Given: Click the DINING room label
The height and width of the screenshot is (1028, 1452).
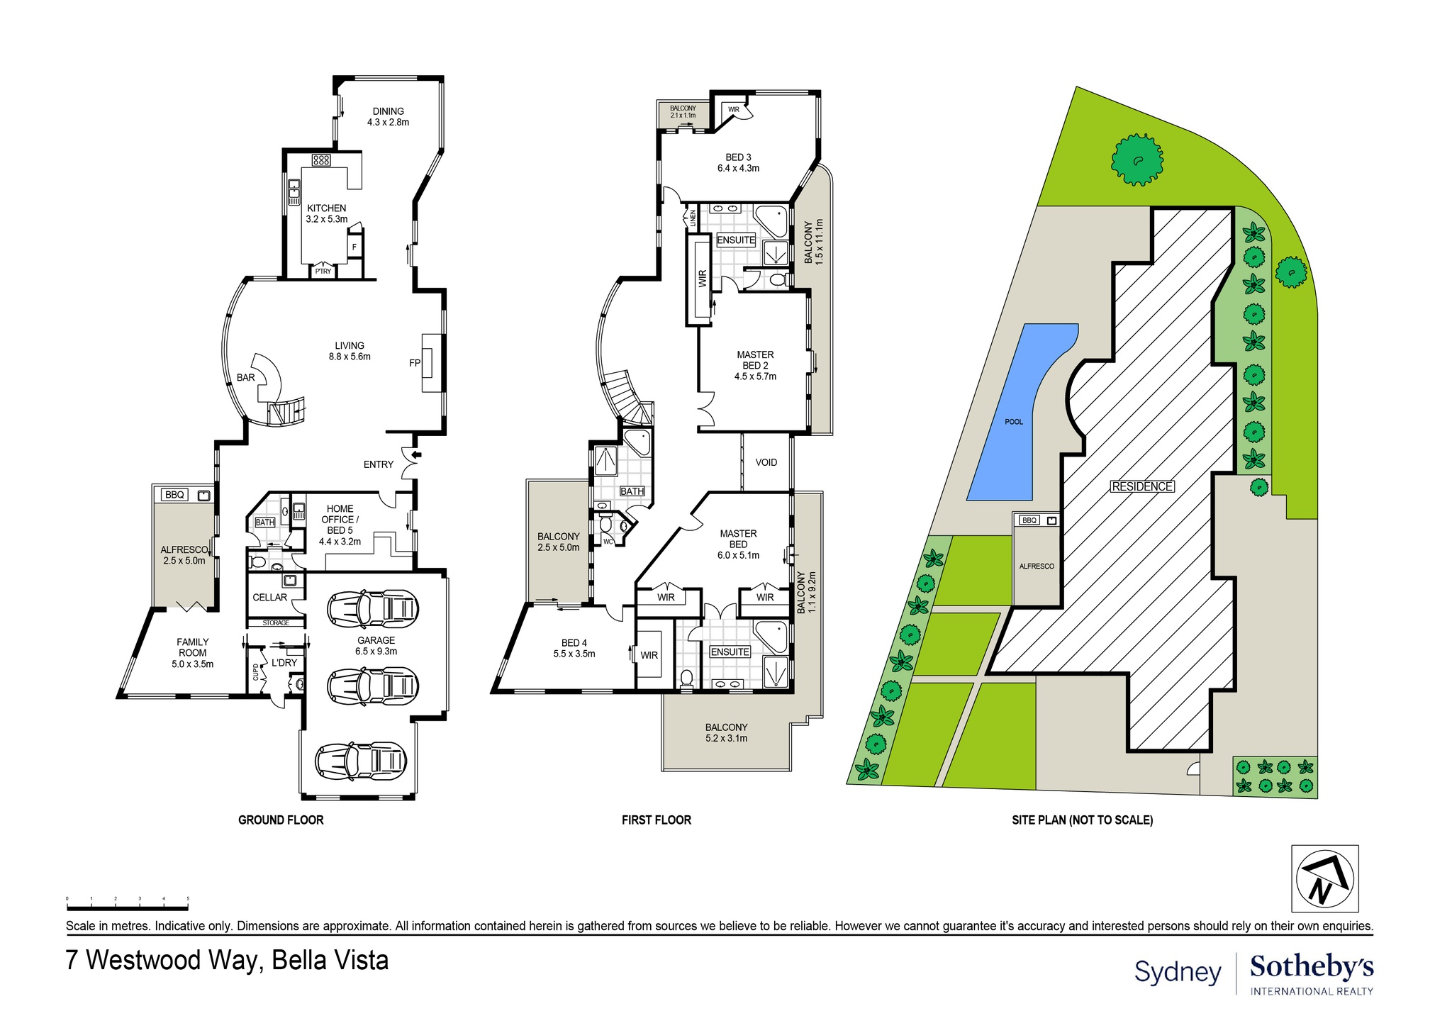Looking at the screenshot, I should (x=388, y=116).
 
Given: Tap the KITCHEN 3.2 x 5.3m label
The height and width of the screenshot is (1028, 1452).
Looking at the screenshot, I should (x=327, y=213).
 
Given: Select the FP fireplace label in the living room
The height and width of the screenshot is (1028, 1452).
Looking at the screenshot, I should (x=415, y=363).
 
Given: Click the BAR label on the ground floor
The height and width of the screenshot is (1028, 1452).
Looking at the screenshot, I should (x=245, y=377).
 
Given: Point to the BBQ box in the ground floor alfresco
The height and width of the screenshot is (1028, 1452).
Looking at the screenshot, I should (x=175, y=495).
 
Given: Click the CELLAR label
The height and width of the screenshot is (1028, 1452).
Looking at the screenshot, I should (x=270, y=597).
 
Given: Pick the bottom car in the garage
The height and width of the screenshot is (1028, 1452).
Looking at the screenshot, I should (x=362, y=761).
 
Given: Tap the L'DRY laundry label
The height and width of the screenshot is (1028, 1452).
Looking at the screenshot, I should (x=284, y=662).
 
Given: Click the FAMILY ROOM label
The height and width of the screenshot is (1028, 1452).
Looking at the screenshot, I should (x=192, y=652).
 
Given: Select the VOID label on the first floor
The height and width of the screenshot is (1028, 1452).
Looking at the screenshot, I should (x=766, y=462).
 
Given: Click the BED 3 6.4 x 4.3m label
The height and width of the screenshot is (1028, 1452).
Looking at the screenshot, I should (x=738, y=162).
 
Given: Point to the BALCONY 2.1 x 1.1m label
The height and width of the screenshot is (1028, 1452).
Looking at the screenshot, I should (x=683, y=111).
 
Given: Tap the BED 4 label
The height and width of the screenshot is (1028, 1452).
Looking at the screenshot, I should (x=574, y=648).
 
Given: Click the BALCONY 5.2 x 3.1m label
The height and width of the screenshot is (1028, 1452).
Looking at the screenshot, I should (x=726, y=732).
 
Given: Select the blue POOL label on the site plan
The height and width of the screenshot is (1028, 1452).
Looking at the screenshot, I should (x=1014, y=422).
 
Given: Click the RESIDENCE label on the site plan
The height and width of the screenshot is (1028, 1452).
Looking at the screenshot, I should (x=1141, y=486).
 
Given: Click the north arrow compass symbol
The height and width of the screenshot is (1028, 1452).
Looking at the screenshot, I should (x=1324, y=878).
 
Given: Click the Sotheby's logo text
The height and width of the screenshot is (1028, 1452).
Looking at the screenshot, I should (x=1311, y=966).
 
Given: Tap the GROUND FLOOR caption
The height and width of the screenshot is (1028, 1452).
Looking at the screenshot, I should (x=281, y=820).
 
